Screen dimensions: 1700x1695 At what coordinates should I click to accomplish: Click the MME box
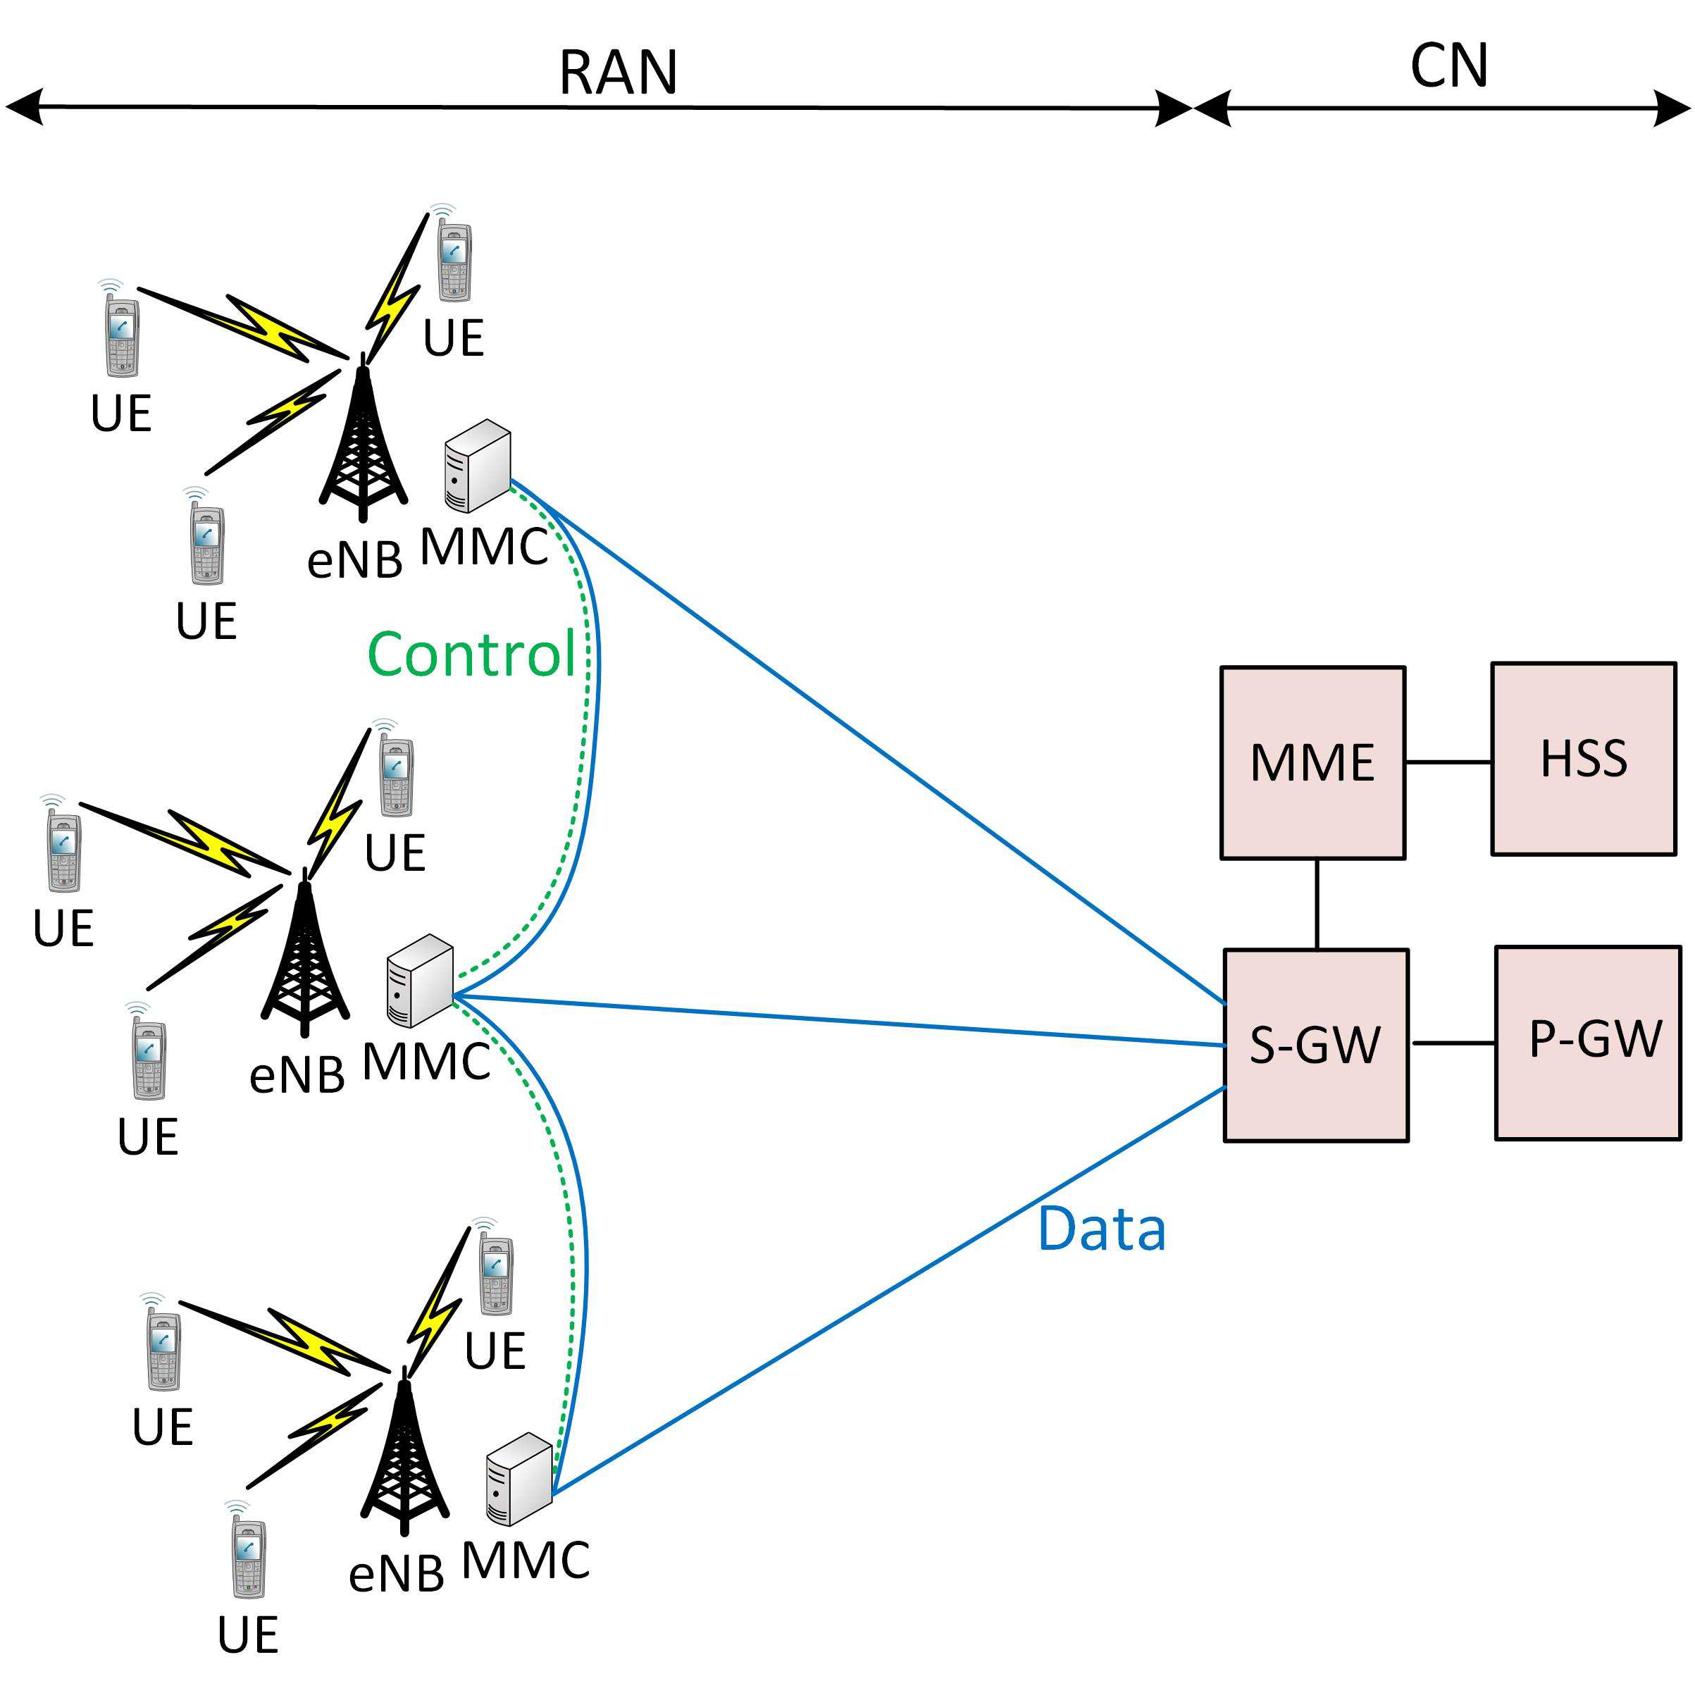tap(1311, 762)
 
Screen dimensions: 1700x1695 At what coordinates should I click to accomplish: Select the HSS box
tap(1582, 759)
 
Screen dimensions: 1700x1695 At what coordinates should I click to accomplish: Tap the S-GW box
tap(1315, 1046)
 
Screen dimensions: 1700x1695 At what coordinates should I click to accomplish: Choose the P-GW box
tap(1588, 1043)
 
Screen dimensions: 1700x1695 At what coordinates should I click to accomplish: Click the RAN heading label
tap(618, 72)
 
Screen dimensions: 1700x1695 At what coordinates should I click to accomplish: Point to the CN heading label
tap(1448, 67)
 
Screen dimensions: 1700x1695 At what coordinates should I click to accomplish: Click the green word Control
tap(471, 654)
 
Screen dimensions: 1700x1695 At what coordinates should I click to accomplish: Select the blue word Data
tap(1101, 1230)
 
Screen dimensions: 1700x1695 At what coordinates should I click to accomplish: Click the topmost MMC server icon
tap(477, 466)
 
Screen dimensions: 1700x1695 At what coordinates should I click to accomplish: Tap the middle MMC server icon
tap(420, 981)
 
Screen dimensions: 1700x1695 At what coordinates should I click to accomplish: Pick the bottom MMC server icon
tap(519, 1479)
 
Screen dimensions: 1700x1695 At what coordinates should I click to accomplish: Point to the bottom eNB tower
tap(404, 1456)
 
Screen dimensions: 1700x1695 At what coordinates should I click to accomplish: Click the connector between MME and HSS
tap(1448, 762)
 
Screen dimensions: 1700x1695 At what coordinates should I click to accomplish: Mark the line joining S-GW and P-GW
tap(1452, 1043)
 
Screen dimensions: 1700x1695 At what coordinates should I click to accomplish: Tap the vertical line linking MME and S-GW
tap(1317, 904)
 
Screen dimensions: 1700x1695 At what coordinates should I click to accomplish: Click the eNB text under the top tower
tap(354, 559)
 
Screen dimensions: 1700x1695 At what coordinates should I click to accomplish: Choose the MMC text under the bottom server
tap(525, 1561)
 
